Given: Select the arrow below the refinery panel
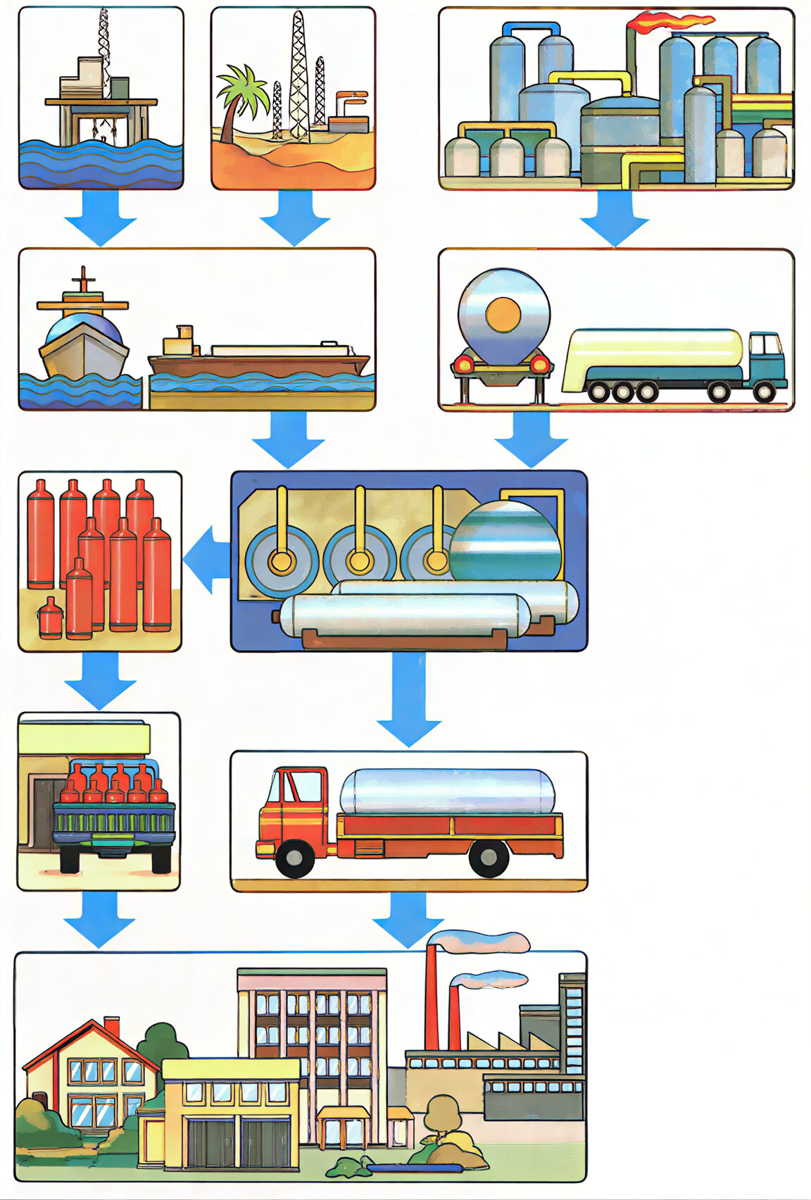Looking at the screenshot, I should click(x=614, y=220).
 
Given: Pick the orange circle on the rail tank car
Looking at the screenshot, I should click(x=503, y=314).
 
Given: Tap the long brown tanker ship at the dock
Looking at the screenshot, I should click(x=259, y=361).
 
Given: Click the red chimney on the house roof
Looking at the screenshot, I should click(x=112, y=1027).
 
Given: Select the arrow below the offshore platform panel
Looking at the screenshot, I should click(x=101, y=219).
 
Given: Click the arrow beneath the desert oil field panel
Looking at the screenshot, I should click(x=294, y=219).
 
